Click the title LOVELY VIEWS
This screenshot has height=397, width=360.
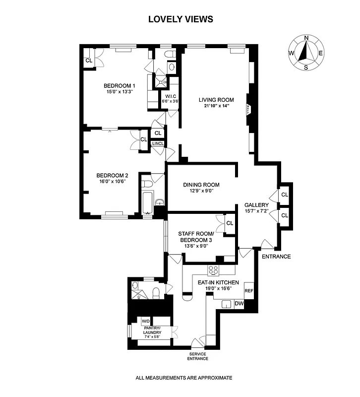(x=180, y=19)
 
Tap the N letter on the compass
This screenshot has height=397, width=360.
(x=306, y=38)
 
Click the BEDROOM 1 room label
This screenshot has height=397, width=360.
(x=120, y=85)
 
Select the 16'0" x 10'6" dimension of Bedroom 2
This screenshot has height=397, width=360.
(x=112, y=181)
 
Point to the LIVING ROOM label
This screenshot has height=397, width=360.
(x=216, y=99)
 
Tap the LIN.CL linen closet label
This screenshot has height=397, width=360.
(x=158, y=144)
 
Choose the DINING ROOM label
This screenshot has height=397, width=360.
(x=201, y=185)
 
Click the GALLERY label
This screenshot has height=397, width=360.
(x=256, y=205)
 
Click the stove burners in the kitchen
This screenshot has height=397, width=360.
(x=214, y=270)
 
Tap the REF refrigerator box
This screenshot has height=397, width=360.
(x=249, y=291)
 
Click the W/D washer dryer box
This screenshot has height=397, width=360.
(x=146, y=321)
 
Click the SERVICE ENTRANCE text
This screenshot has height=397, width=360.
(x=197, y=356)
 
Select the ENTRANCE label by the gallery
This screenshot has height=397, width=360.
(x=276, y=257)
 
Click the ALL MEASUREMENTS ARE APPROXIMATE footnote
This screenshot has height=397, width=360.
(x=183, y=378)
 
